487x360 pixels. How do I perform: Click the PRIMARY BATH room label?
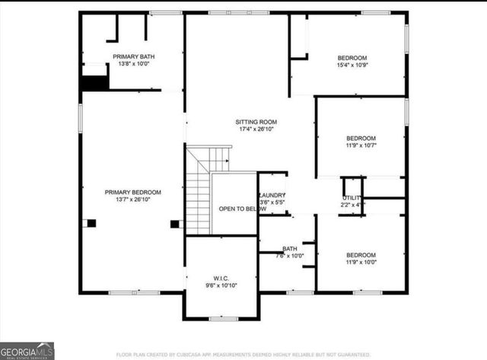click(x=133, y=57)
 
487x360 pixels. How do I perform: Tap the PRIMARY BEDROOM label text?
click(x=133, y=192)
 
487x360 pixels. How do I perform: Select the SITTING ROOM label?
click(x=255, y=122)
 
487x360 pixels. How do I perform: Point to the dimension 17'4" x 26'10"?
click(x=255, y=129)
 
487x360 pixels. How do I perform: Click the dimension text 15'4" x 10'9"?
click(x=352, y=65)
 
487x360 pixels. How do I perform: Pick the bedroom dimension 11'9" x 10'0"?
click(x=361, y=263)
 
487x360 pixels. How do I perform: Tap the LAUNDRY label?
click(x=272, y=196)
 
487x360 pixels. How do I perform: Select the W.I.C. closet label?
click(x=219, y=278)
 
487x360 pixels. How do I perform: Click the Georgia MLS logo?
click(x=27, y=350)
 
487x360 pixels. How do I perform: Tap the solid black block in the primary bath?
click(x=94, y=82)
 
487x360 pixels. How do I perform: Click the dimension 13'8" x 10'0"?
click(x=133, y=65)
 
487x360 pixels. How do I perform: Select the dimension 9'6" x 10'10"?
click(x=219, y=285)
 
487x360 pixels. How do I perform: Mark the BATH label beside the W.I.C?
click(x=289, y=249)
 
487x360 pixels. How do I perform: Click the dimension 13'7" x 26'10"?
click(x=133, y=199)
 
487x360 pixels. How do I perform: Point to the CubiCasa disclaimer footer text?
click(x=243, y=355)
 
